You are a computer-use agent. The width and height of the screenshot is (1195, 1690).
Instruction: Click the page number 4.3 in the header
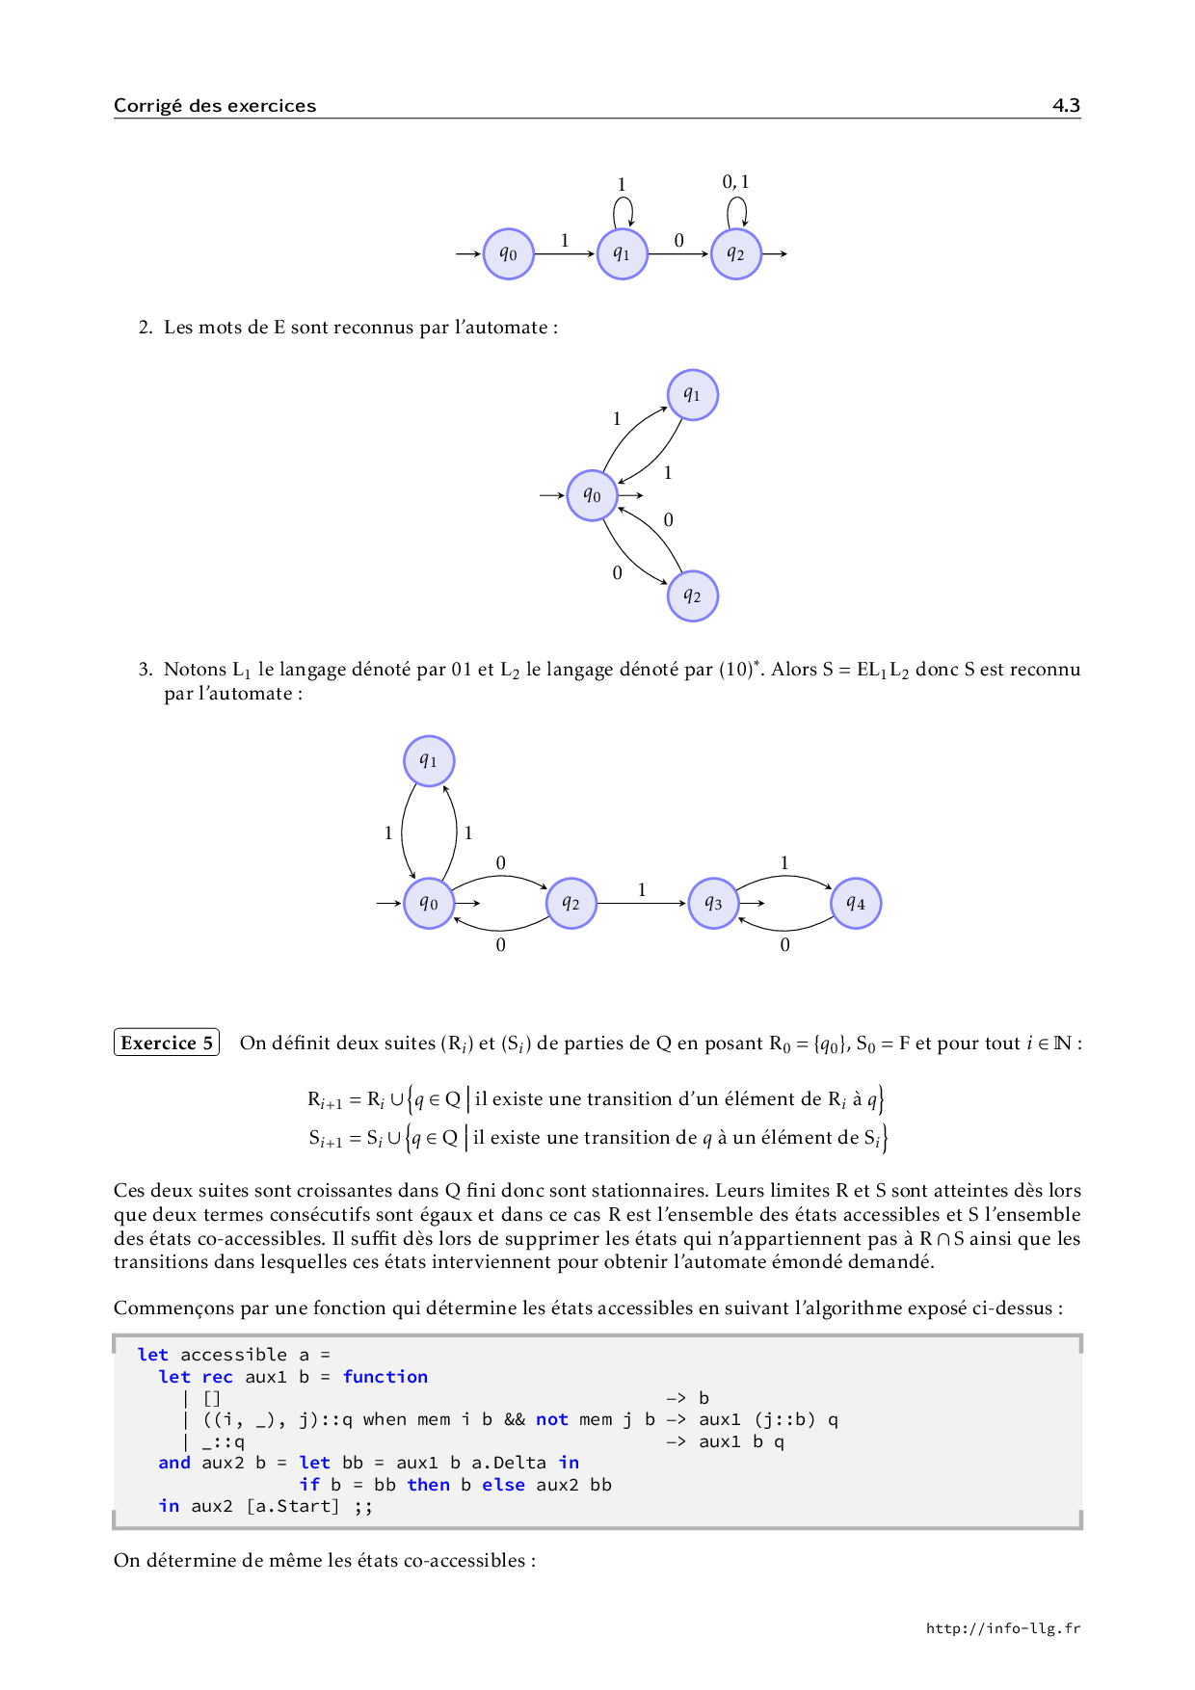(1066, 105)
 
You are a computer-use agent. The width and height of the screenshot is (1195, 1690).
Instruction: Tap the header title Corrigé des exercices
(214, 105)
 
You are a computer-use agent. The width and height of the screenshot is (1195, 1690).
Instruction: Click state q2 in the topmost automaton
(736, 254)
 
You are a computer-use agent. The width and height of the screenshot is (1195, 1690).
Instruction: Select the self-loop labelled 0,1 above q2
(736, 209)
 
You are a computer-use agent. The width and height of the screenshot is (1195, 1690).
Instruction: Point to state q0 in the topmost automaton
(508, 254)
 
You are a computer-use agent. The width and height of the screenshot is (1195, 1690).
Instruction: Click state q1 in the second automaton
(692, 395)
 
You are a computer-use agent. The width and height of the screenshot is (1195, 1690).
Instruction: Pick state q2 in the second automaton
(692, 596)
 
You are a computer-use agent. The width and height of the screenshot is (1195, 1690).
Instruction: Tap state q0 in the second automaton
(592, 495)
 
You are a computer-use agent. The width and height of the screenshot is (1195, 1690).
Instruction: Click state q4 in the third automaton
(856, 904)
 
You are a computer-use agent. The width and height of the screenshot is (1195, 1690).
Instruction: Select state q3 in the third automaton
(713, 904)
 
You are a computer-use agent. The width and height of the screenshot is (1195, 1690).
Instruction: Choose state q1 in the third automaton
(428, 761)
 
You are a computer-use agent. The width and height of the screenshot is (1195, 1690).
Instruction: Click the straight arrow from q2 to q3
(641, 904)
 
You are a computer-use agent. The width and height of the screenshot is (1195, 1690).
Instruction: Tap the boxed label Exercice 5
(167, 1043)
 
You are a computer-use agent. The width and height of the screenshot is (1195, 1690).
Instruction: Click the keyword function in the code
(385, 1377)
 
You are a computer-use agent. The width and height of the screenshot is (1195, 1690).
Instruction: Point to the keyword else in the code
(503, 1485)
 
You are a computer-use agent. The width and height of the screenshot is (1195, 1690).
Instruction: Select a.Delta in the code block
(508, 1463)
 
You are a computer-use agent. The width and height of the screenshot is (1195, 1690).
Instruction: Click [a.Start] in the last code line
(293, 1506)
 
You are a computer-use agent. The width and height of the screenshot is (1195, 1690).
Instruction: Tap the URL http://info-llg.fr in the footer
(1002, 1628)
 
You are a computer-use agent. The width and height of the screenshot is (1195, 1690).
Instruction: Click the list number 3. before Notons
(146, 670)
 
